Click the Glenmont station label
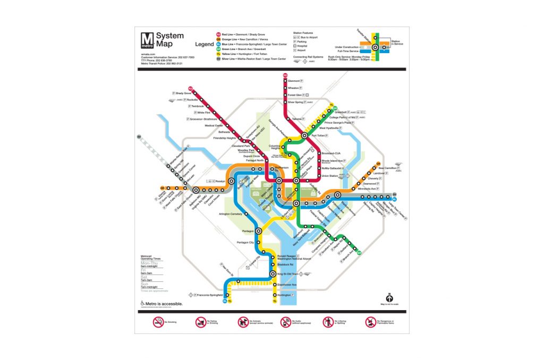(x=295, y=81)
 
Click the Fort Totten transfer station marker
(x=304, y=135)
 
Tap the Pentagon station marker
(x=259, y=231)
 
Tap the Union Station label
(x=330, y=176)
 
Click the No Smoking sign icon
(x=158, y=322)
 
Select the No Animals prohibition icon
(x=243, y=322)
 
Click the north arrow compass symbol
(x=389, y=296)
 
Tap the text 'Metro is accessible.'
(x=164, y=304)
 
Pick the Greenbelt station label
(x=343, y=112)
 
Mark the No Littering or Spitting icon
(x=328, y=322)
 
